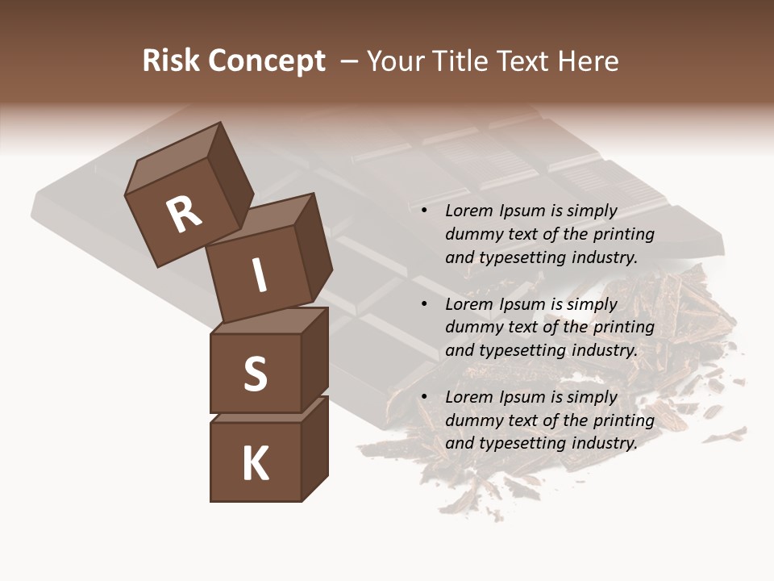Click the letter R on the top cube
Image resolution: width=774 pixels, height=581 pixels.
184,215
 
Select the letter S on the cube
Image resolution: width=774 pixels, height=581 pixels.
255,374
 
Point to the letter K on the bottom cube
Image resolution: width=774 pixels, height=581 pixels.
256,464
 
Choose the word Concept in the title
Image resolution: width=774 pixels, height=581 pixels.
266,61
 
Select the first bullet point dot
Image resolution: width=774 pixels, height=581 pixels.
424,211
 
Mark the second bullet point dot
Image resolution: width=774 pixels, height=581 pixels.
424,305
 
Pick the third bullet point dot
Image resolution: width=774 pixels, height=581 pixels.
424,398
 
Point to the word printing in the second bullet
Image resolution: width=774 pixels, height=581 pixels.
623,328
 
